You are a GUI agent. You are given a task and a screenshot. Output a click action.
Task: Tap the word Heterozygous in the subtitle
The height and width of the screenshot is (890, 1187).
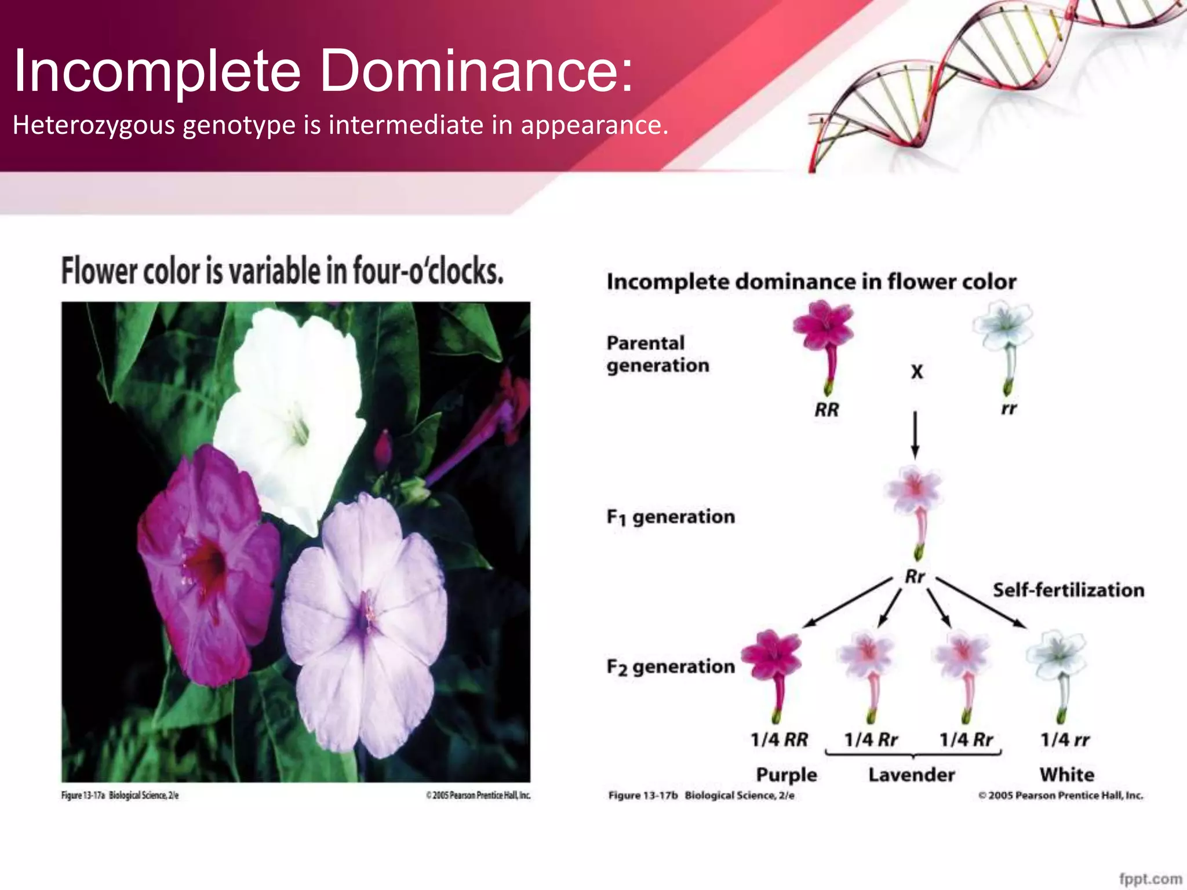[93, 125]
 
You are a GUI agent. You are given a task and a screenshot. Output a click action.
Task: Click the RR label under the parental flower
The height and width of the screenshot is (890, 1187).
[826, 410]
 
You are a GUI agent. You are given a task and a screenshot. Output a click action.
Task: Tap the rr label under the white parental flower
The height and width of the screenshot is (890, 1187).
[1008, 408]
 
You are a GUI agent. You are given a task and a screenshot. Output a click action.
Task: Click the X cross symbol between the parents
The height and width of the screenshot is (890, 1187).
[916, 371]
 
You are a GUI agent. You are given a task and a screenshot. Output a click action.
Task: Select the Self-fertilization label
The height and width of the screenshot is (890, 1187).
[1068, 590]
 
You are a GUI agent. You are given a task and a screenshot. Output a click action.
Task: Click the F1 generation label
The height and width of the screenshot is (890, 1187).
[671, 516]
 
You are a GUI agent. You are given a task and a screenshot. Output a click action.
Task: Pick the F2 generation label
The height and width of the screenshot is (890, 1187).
[671, 667]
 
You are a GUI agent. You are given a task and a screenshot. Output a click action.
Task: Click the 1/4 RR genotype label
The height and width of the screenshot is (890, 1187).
[779, 740]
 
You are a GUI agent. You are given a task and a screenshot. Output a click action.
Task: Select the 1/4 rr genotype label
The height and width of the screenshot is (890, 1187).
[1065, 740]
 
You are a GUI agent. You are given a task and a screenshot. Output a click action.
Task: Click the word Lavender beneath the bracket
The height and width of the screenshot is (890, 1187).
[912, 775]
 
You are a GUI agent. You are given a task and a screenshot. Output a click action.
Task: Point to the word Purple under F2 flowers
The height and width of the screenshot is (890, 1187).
[787, 775]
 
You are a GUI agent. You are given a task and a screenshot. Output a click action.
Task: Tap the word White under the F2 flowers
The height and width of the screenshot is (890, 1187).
[1067, 775]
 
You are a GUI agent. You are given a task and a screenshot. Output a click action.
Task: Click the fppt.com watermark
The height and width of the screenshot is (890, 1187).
[1150, 878]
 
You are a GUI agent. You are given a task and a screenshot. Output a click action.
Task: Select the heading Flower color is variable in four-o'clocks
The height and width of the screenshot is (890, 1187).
[282, 271]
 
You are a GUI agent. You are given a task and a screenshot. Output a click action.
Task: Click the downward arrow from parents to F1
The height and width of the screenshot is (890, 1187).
[915, 435]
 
